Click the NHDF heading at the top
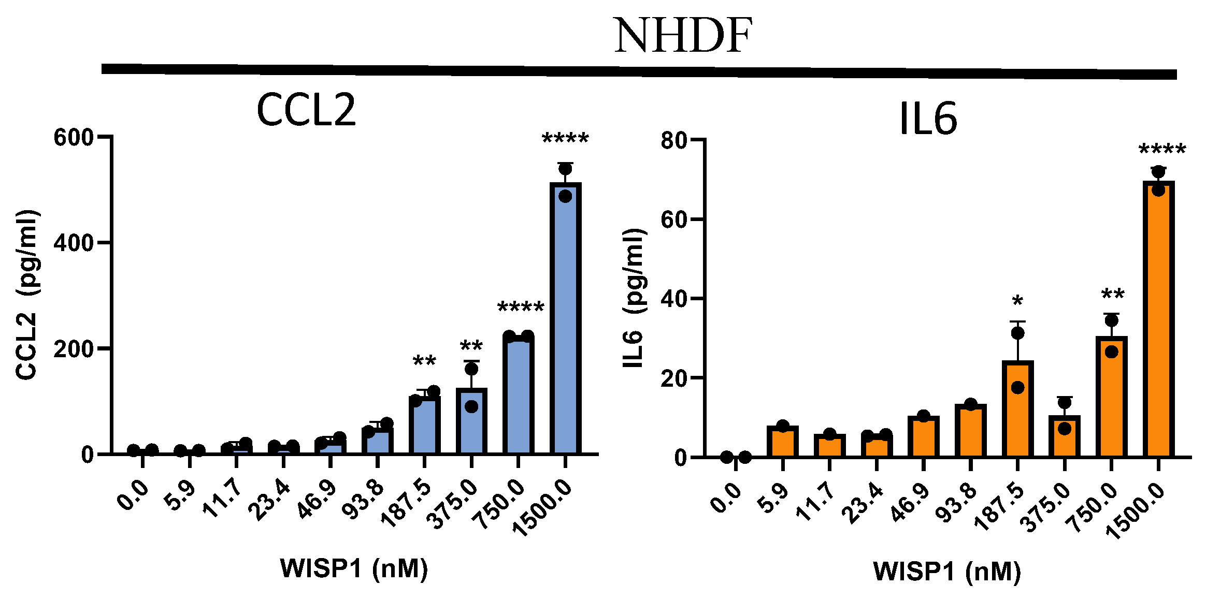pyautogui.click(x=683, y=36)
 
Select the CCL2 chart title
pyautogui.click(x=306, y=110)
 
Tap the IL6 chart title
pyautogui.click(x=928, y=119)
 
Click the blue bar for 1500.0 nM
pyautogui.click(x=565, y=321)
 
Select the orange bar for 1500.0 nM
pyautogui.click(x=1158, y=321)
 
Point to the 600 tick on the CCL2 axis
pyautogui.click(x=74, y=138)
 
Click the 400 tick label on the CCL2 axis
pyautogui.click(x=74, y=243)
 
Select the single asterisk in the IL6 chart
pyautogui.click(x=1017, y=301)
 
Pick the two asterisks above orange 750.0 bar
pyautogui.click(x=1112, y=295)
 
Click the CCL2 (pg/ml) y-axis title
pyautogui.click(x=26, y=295)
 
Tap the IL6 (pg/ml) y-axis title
pyautogui.click(x=633, y=298)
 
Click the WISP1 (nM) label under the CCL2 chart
pyautogui.click(x=354, y=568)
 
